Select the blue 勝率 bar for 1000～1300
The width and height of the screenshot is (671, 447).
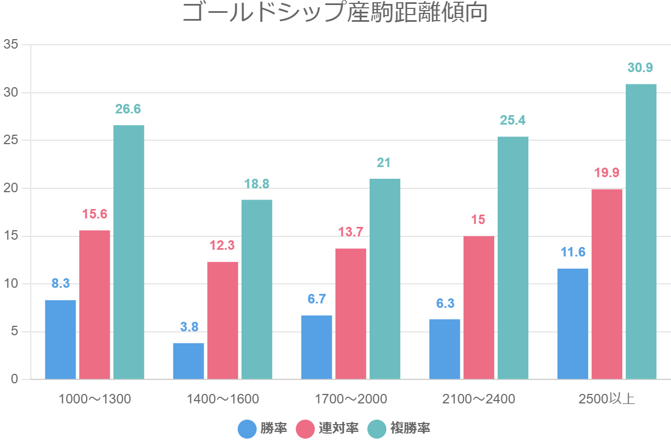pos(60,340)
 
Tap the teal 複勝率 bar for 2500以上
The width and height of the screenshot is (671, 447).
pos(641,232)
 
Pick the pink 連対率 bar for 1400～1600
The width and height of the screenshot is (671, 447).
pos(223,321)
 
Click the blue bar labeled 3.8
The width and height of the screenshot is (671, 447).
pos(188,361)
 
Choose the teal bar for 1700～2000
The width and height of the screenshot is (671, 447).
pos(385,279)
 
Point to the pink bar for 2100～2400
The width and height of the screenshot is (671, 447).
pos(479,307)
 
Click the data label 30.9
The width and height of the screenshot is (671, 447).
pos(640,68)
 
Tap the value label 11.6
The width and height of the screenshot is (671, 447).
pos(573,252)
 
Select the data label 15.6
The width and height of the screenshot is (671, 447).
pos(94,214)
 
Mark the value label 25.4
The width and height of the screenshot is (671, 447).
pos(513,121)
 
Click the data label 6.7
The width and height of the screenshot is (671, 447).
pos(316,299)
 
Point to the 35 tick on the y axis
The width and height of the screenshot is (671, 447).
pos(11,45)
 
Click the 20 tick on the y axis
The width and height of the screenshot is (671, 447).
pos(11,188)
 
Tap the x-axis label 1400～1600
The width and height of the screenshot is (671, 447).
pos(223,399)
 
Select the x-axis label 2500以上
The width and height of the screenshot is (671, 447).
pos(607,399)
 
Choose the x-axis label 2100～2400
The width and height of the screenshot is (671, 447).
pos(479,399)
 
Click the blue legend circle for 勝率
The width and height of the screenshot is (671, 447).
pos(247,429)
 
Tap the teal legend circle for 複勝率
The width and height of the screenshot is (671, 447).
pos(377,429)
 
